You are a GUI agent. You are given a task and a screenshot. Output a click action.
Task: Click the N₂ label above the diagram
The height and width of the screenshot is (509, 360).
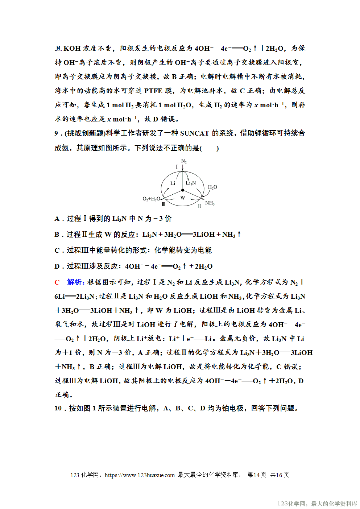pos(184,161)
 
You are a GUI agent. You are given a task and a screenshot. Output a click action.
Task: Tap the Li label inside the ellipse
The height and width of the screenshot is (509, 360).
pos(173,183)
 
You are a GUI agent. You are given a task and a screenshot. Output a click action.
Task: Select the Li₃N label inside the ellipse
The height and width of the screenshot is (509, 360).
pos(191,183)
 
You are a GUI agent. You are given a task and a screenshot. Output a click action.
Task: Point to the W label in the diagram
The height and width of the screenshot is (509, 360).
pos(183,198)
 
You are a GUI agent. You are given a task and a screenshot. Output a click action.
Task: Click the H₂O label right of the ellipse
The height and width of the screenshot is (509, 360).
pos(212,187)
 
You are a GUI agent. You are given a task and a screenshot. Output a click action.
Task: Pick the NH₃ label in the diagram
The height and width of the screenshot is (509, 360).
pos(210,203)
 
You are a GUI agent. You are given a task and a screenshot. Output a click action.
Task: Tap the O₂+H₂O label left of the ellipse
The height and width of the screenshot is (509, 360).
pos(152,199)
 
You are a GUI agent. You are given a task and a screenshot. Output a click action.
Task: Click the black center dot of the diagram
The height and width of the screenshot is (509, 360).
pos(183,190)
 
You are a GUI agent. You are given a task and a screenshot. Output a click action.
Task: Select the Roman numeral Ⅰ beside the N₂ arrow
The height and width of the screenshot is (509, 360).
pos(177,167)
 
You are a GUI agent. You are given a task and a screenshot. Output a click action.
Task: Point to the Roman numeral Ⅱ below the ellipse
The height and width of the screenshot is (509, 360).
pos(199,206)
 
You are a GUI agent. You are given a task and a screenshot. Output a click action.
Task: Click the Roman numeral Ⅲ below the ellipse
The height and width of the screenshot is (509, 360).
pos(164,204)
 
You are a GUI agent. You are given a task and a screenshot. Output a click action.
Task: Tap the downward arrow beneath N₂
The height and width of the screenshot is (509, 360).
pos(183,167)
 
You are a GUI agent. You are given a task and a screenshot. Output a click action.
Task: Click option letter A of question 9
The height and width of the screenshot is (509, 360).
pos(57,219)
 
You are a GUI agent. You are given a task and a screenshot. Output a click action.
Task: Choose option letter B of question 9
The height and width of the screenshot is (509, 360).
pos(57,235)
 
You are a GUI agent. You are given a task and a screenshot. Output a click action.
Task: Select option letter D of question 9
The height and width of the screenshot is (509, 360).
pos(57,266)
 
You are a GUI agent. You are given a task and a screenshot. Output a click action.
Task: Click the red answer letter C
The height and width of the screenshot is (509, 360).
pos(57,282)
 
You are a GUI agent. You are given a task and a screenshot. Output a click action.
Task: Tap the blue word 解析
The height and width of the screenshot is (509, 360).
pos(75,282)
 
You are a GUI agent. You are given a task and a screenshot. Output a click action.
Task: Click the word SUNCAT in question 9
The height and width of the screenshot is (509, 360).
pos(194,133)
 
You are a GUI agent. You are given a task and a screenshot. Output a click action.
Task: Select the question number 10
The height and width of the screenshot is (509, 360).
pos(58,408)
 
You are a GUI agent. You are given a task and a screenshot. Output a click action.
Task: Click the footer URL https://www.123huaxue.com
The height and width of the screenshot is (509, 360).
pos(140,475)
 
